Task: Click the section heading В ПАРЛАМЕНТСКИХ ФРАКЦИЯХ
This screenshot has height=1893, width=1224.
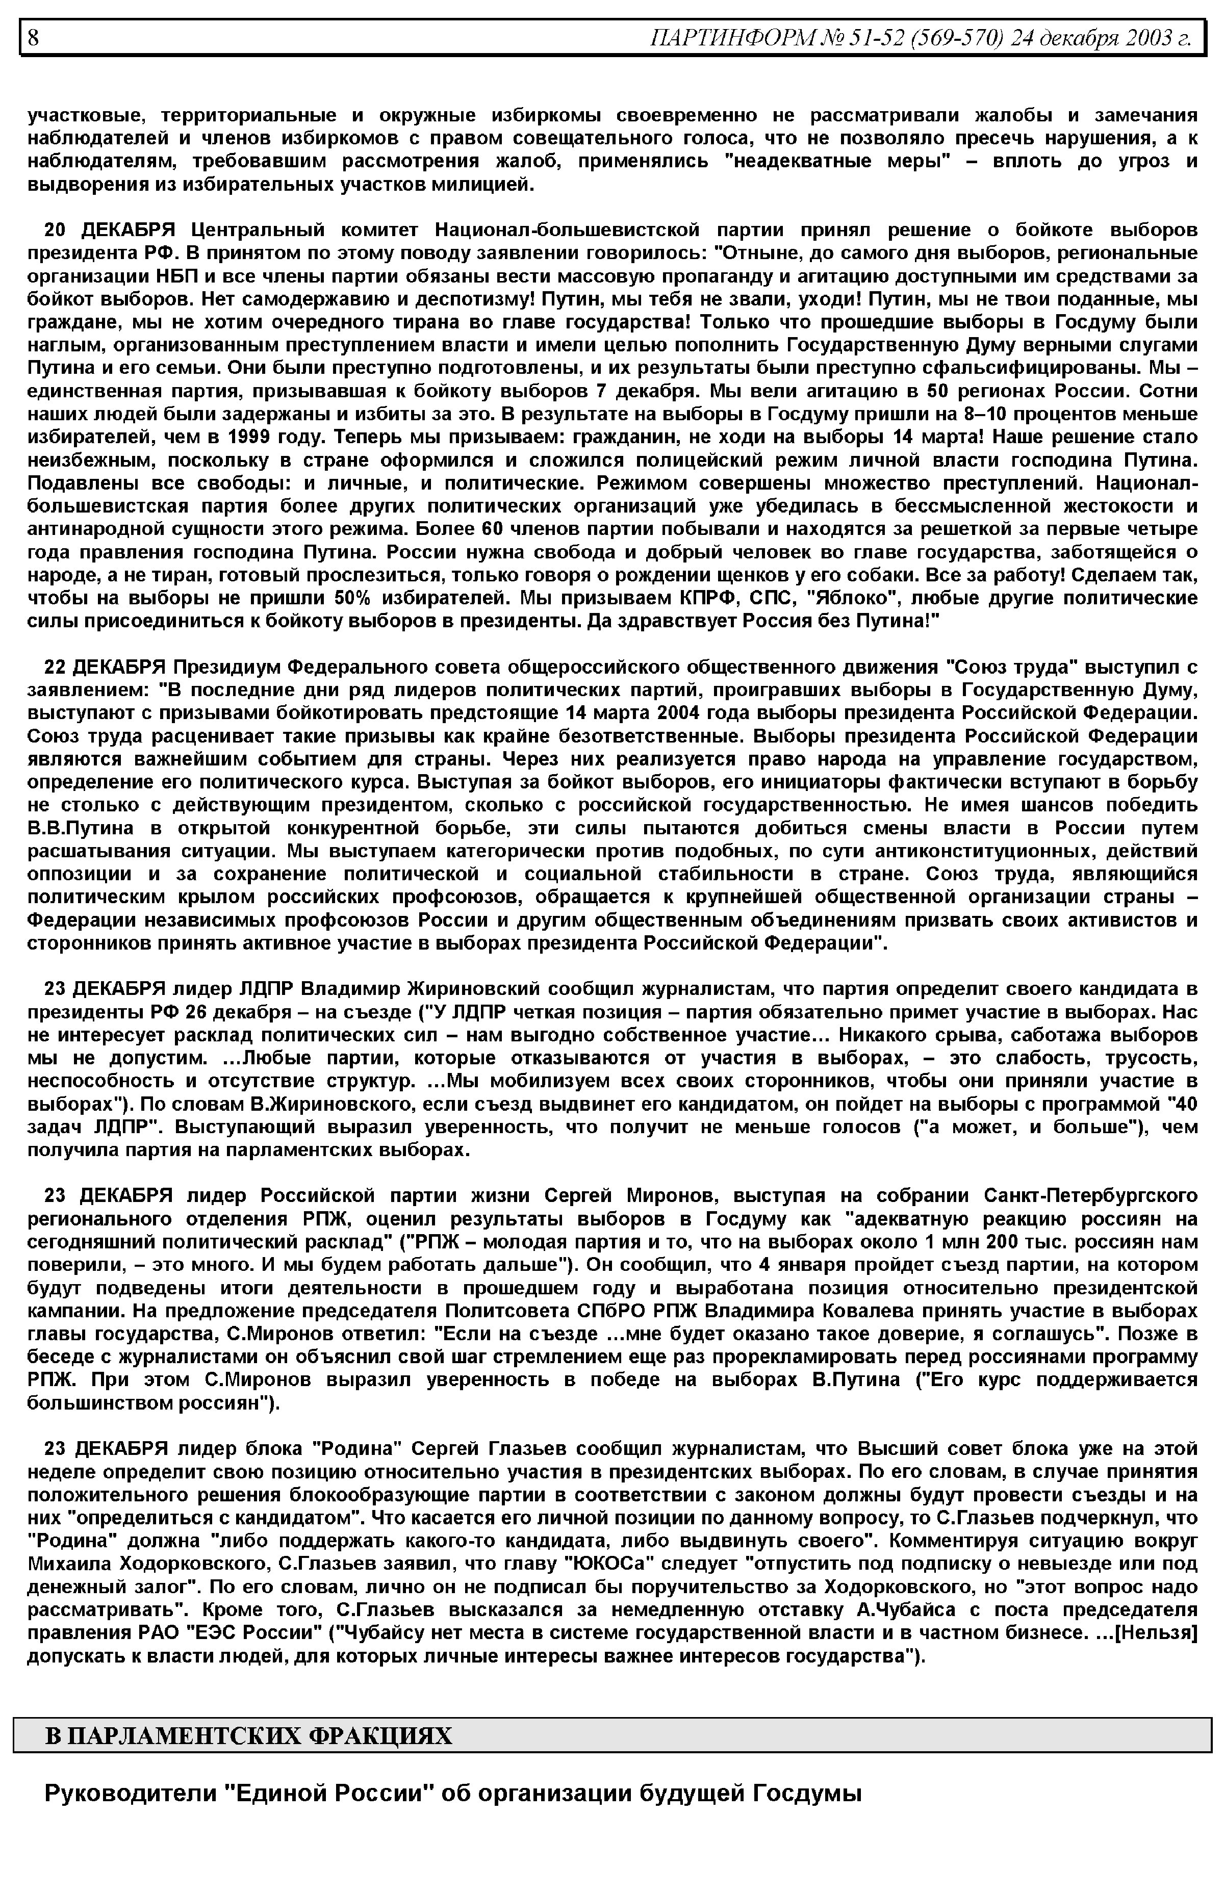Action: (x=248, y=1735)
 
